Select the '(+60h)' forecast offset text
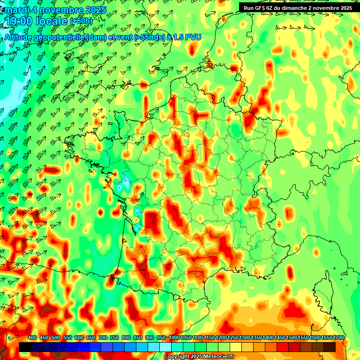click(x=81, y=21)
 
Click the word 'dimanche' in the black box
click(x=299, y=7)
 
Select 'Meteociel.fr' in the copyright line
click(x=220, y=357)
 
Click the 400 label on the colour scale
click(x=32, y=338)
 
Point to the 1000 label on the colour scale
click(x=174, y=338)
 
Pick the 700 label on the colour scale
click(x=103, y=338)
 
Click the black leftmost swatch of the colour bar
click(x=25, y=347)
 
